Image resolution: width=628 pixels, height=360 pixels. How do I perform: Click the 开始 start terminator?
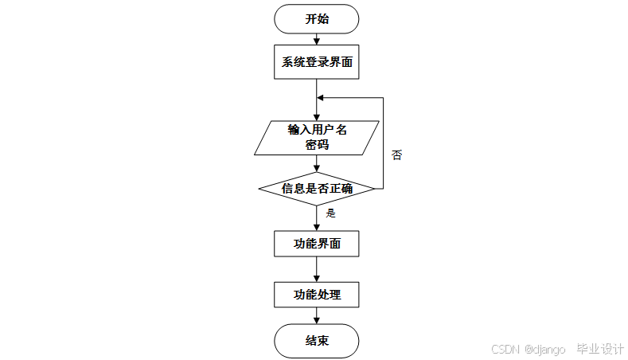pos(317,19)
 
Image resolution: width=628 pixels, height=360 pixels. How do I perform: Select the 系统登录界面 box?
pos(317,63)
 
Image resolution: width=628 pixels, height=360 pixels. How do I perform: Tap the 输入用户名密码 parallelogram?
pos(317,137)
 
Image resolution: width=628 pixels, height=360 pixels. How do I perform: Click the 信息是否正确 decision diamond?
pos(317,189)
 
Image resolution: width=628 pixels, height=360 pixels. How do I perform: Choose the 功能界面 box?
pos(317,244)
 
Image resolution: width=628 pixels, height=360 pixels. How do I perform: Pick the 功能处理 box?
pos(317,295)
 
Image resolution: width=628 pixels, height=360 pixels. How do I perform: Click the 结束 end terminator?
pos(317,342)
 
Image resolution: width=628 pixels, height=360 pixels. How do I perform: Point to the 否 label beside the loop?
pos(396,155)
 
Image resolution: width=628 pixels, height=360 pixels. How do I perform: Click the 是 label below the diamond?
pos(331,213)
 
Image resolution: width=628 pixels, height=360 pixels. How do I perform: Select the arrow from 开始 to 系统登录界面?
pos(317,39)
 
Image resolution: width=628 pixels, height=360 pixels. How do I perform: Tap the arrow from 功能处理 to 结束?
pos(317,317)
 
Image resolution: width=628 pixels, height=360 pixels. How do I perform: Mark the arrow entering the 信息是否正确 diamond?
pos(317,165)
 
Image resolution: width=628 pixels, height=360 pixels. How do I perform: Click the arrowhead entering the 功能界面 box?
pos(317,227)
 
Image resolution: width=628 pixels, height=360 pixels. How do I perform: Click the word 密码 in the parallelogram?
pos(317,145)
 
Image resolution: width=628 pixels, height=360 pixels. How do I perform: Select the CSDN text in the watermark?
pos(505,350)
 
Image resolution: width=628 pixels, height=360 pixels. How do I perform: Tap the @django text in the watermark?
pos(545,350)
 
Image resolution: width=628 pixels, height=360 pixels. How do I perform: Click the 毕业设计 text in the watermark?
pos(600,350)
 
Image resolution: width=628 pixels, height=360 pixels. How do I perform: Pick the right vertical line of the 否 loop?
pos(384,143)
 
